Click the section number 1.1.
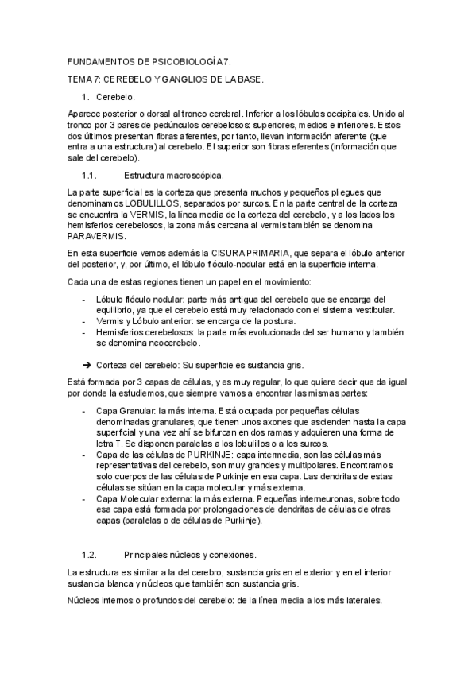[x=89, y=175]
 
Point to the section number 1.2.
[x=89, y=553]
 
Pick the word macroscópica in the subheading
[x=197, y=175]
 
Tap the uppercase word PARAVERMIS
[x=97, y=236]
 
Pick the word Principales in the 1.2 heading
[x=149, y=553]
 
